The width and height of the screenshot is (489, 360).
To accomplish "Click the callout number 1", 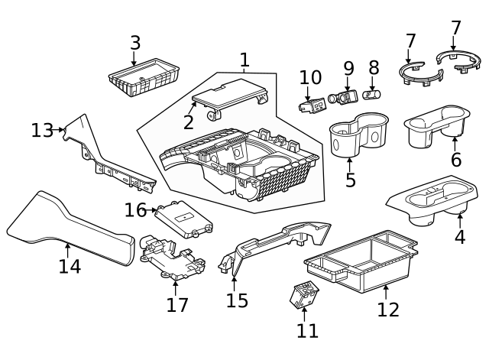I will click(244, 60).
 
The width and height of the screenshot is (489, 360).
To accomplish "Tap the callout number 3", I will click(134, 43).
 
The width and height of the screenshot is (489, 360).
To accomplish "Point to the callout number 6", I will click(456, 160).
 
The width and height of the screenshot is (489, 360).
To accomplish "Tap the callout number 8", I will click(374, 68).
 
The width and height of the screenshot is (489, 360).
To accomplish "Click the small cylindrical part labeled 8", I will click(371, 95).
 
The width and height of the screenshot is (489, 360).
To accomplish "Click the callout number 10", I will click(310, 77).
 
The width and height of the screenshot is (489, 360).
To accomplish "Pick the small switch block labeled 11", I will click(304, 294).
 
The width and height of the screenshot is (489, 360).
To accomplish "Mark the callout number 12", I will click(388, 310).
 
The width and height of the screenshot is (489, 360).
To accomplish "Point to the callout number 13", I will click(41, 131).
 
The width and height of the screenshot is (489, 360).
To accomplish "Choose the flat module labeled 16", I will click(183, 220).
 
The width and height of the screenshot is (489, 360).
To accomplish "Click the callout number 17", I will click(176, 305).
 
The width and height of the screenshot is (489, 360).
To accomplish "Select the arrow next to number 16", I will click(153, 209).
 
